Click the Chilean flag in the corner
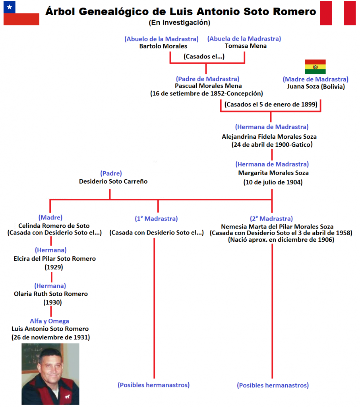pos(21,13)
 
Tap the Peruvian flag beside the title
pos(338,13)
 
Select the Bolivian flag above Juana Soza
pos(315,67)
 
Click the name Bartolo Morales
pos(163,46)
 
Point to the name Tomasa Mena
pos(246,46)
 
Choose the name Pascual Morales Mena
pos(208,86)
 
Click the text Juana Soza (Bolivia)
pos(315,86)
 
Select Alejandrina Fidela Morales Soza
pos(269,136)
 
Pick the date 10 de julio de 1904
pos(273,182)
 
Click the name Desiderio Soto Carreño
pos(113,181)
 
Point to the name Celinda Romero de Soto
pos(54,226)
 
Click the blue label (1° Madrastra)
pos(156,219)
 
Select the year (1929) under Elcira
pos(54,267)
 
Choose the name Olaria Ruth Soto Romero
pos(50,294)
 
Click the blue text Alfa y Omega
pos(49,321)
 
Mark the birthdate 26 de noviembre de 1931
pos(50,337)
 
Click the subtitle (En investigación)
pos(180,23)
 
